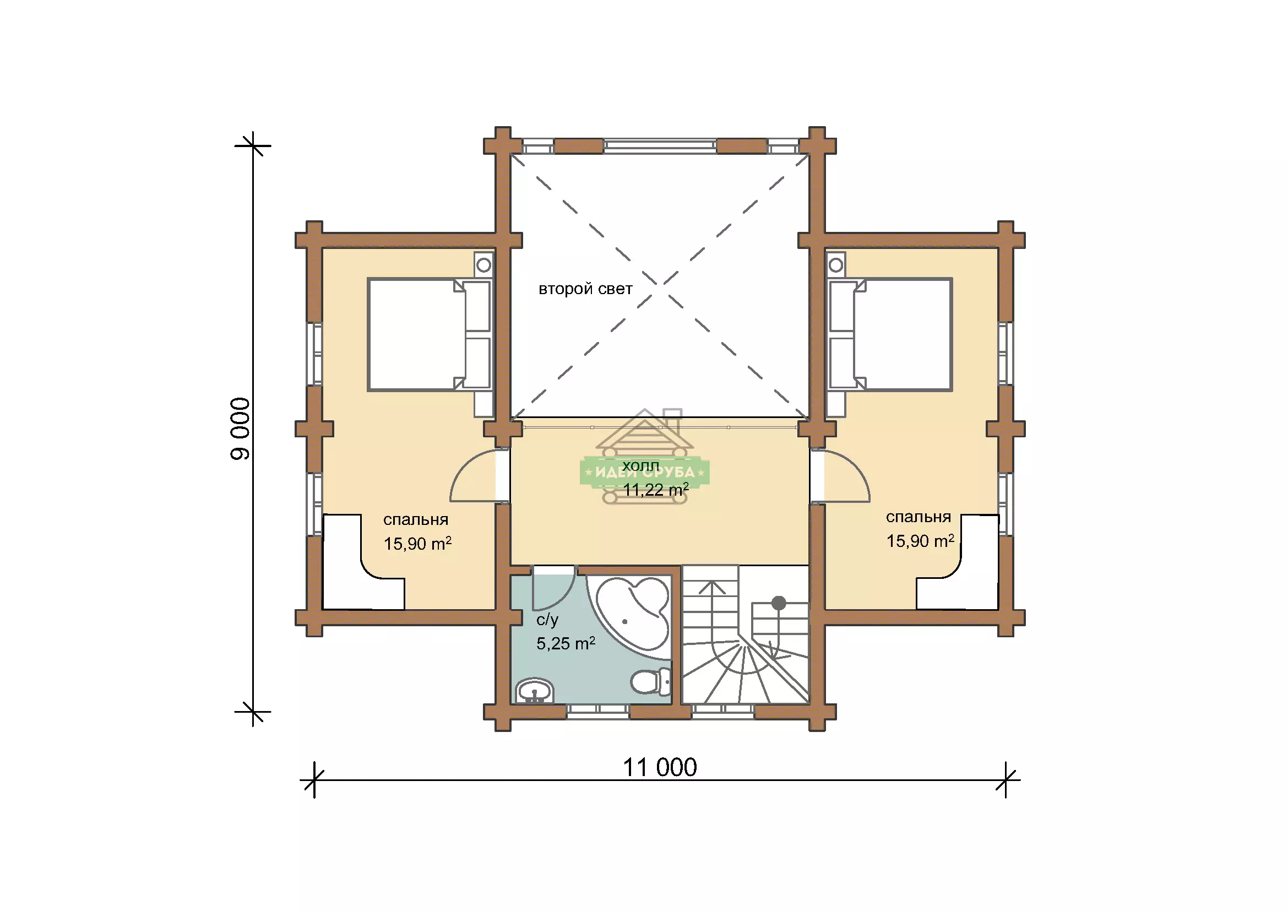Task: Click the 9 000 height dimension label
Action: [240, 429]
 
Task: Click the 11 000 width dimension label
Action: [660, 767]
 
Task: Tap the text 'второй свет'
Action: [585, 289]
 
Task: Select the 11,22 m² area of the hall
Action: [656, 489]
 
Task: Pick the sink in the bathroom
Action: [535, 691]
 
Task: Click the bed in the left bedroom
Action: [429, 335]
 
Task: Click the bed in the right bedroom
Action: [891, 335]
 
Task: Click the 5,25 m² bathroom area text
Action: [566, 643]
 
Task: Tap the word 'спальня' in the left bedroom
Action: [416, 519]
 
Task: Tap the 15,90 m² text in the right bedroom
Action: [920, 541]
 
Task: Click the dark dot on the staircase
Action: [779, 603]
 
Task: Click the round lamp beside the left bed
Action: [483, 265]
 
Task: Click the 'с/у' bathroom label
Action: [547, 620]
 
